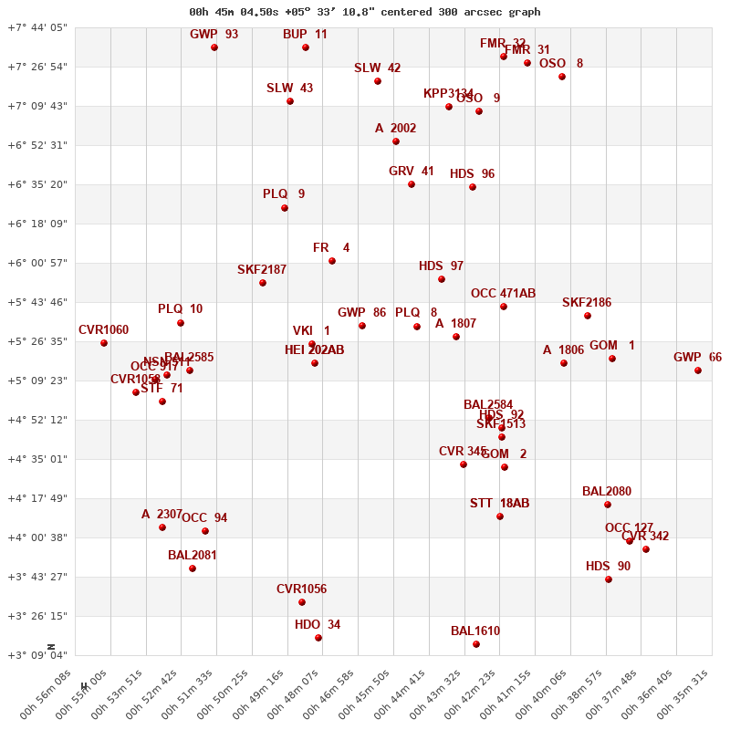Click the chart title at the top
[364, 12]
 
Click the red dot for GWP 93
[214, 47]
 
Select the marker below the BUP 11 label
[306, 47]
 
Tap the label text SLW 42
[377, 68]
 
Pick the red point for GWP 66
[698, 370]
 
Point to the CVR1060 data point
[104, 343]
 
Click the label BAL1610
[475, 631]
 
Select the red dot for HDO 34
[318, 638]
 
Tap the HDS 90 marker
[609, 579]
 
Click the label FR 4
[331, 248]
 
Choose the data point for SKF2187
[263, 283]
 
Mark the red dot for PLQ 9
[285, 208]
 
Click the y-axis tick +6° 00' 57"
[37, 263]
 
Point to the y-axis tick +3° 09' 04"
[37, 655]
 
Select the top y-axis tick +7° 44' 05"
[37, 27]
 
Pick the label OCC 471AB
[503, 294]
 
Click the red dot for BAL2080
[608, 505]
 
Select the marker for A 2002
[396, 141]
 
